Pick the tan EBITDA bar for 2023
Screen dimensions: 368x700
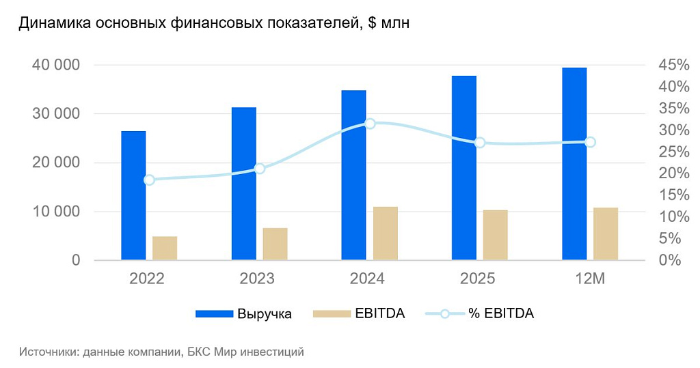tap(275, 244)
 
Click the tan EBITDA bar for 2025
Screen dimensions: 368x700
tap(496, 235)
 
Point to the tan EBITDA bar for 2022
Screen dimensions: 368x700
tap(165, 248)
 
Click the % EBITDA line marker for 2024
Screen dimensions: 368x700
tap(370, 124)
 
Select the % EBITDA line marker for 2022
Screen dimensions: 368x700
tap(149, 180)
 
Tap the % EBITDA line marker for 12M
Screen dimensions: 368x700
tap(591, 142)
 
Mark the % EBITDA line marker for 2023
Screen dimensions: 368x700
tap(259, 169)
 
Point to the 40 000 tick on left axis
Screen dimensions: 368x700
tap(55, 65)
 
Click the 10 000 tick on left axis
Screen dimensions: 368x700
tap(55, 212)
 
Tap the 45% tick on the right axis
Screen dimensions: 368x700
tap(673, 65)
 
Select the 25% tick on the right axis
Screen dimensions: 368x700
tap(673, 152)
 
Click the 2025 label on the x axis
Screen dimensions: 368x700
tap(478, 279)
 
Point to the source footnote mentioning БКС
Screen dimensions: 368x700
tap(161, 352)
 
